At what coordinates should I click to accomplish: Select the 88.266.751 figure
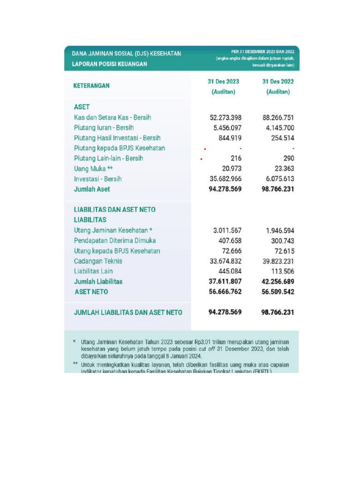click(278, 117)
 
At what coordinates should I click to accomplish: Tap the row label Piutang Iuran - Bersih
click(104, 127)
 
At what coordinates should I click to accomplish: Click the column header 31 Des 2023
click(224, 82)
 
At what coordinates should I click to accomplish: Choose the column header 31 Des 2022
click(278, 82)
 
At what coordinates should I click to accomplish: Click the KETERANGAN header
click(92, 86)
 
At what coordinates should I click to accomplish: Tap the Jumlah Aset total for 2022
click(278, 189)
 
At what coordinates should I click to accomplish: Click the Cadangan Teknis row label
click(98, 261)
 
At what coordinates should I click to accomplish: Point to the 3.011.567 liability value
click(227, 230)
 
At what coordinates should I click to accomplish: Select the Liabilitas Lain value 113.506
click(283, 271)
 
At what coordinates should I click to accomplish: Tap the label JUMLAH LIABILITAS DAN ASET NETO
click(128, 312)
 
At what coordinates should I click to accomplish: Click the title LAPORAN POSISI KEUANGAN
click(109, 64)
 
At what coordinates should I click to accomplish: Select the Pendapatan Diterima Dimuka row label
click(115, 240)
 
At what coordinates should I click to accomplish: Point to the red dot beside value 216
click(201, 159)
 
